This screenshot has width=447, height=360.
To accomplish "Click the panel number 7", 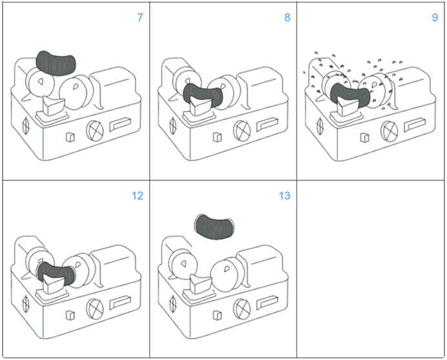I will tap(140, 17).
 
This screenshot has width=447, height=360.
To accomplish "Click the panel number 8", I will tap(287, 17).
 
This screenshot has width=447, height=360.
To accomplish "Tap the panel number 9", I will tap(435, 17).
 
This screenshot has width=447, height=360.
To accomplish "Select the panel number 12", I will tap(138, 196).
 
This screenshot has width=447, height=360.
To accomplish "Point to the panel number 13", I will tap(285, 196).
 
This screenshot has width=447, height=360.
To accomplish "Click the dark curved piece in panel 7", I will tap(57, 61).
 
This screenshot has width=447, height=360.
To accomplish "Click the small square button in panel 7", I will tap(71, 137).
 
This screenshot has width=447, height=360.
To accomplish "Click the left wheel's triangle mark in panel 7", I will tap(40, 82).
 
